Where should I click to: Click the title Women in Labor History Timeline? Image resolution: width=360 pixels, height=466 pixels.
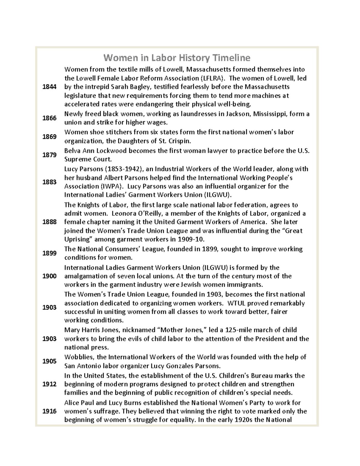(177, 57)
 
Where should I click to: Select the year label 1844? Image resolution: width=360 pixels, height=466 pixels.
(49, 87)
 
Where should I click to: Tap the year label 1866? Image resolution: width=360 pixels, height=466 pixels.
(49, 118)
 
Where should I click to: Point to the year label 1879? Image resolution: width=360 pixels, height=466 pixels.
(49, 155)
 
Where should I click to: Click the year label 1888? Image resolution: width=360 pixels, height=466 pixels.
(49, 222)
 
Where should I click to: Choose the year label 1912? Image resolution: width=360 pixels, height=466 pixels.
(49, 384)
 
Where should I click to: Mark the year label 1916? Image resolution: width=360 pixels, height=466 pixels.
(49, 411)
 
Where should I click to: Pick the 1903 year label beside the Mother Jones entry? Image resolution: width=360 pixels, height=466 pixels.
(49, 339)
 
